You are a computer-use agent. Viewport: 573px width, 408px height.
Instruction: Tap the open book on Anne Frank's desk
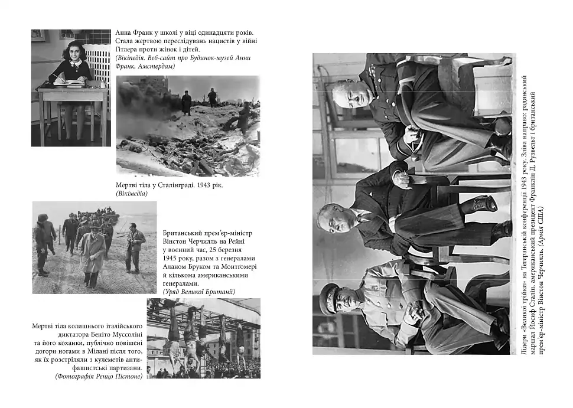(69, 83)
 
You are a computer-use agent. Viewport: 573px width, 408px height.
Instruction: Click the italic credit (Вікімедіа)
(132, 193)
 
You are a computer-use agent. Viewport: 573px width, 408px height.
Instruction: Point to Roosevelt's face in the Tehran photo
(330, 217)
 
